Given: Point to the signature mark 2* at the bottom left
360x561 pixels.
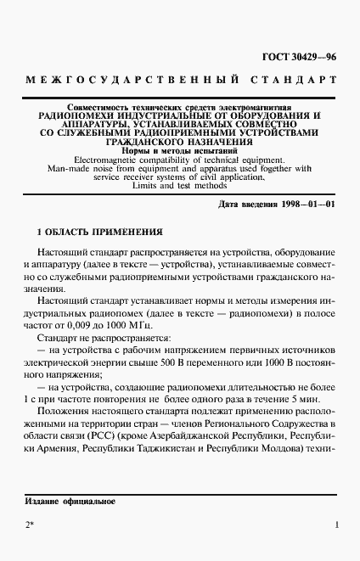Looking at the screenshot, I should click(30, 526).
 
